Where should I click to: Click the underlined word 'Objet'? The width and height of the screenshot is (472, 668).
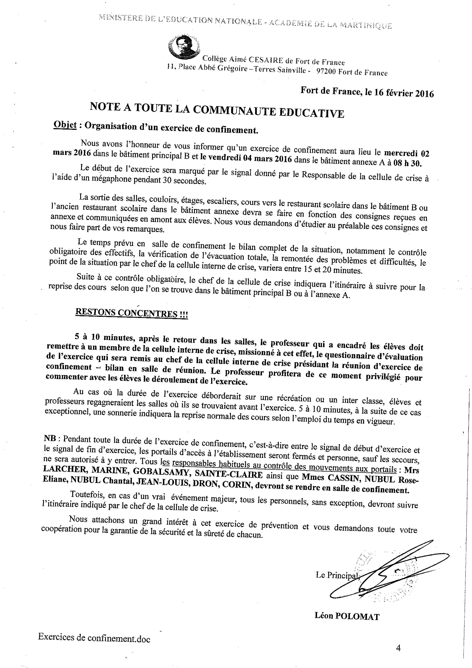[65, 125]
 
